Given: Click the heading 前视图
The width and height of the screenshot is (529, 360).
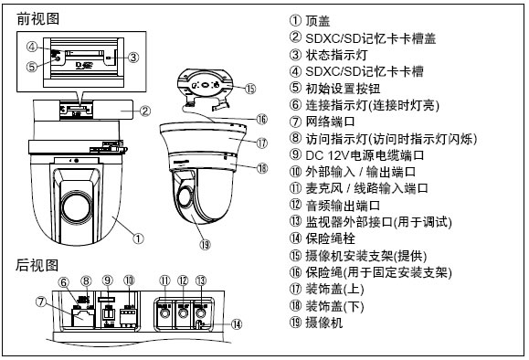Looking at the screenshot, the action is click(x=37, y=19).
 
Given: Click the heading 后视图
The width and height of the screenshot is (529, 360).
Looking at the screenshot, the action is click(x=37, y=265).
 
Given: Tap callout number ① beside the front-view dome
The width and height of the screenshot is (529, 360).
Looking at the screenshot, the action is click(x=138, y=238).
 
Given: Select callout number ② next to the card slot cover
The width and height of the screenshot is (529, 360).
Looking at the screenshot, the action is click(x=145, y=111).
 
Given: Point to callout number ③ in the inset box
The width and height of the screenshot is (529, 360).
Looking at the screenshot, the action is click(x=133, y=58).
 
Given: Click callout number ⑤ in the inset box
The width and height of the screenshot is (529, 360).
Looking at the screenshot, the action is click(x=32, y=67).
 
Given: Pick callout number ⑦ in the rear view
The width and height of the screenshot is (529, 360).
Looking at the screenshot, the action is click(x=41, y=301).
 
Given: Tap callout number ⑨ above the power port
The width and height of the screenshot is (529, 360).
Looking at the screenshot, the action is click(x=108, y=281).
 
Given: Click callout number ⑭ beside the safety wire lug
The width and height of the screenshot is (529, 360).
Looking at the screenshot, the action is click(x=237, y=324).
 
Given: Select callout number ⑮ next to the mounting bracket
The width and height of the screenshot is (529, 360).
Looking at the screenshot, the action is click(x=250, y=89).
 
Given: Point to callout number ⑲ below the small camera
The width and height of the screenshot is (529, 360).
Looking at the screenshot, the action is click(x=205, y=245).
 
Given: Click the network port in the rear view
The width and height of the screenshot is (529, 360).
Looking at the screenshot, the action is click(x=83, y=318).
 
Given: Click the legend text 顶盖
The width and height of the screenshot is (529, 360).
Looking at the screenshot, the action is click(x=318, y=21).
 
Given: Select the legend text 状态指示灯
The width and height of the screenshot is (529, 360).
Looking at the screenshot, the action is click(x=336, y=55).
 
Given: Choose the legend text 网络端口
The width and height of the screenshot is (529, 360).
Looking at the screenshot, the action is click(x=331, y=122).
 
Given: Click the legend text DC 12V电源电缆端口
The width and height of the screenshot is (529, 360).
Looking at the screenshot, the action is click(x=365, y=155).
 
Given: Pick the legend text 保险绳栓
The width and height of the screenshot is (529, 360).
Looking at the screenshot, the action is click(x=331, y=238).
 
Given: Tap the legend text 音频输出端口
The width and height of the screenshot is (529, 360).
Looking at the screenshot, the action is click(x=343, y=206).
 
